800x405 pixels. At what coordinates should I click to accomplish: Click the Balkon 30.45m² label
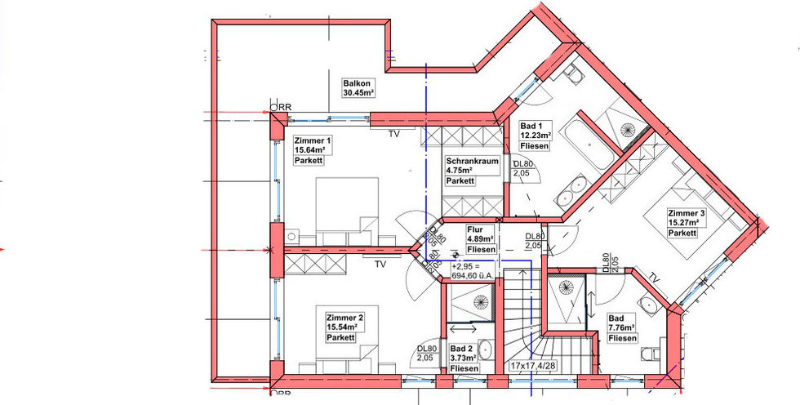[359, 88]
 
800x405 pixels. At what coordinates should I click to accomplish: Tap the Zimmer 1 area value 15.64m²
[309, 150]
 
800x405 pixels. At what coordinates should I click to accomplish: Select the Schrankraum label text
[472, 161]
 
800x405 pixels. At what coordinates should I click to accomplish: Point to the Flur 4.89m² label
[481, 239]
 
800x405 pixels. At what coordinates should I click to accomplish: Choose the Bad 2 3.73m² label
[464, 358]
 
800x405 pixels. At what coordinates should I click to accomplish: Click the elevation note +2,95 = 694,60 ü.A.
[473, 271]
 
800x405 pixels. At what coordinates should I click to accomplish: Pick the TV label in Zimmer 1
[393, 135]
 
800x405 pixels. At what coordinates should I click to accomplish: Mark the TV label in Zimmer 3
[656, 279]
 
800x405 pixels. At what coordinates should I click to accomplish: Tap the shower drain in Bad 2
[480, 302]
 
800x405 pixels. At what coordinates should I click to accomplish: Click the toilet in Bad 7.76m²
[651, 354]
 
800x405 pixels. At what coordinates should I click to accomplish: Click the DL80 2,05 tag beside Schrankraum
[523, 169]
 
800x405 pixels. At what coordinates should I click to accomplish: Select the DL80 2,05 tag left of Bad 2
[427, 353]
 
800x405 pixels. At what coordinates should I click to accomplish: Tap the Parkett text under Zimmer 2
[341, 338]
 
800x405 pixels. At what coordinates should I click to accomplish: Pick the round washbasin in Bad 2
[485, 350]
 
